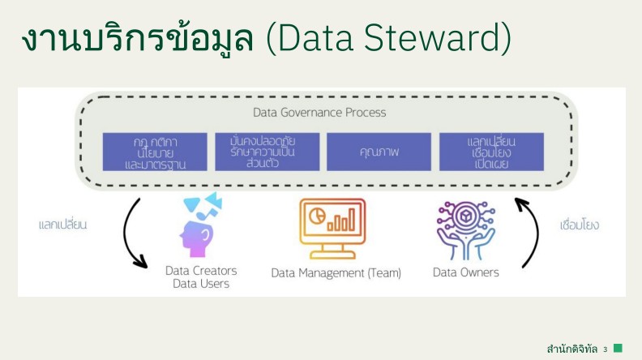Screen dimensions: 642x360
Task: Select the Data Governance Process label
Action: [x=319, y=112]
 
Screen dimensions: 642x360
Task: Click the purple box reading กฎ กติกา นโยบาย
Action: [x=155, y=152]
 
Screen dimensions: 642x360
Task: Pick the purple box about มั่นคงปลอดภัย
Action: [x=267, y=152]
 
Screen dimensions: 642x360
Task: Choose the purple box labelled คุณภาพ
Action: [x=379, y=152]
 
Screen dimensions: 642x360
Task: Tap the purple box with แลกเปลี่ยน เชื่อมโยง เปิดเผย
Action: [x=491, y=152]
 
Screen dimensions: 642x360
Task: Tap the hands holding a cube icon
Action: [x=465, y=230]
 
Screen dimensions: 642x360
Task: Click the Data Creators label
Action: [x=201, y=271]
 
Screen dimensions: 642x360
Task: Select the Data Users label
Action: [x=201, y=284]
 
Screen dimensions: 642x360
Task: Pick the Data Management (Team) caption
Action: [x=336, y=273]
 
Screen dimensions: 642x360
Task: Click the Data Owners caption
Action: [x=466, y=272]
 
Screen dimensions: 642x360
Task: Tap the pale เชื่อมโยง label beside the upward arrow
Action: [x=580, y=225]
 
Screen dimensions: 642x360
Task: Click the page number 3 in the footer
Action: [x=606, y=349]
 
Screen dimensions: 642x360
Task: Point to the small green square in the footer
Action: [x=618, y=348]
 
